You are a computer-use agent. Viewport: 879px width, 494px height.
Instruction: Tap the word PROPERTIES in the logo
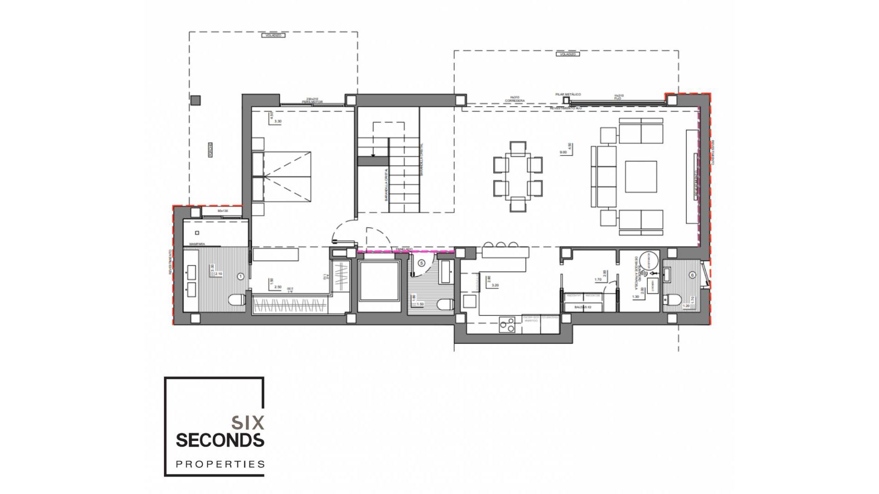(x=220, y=464)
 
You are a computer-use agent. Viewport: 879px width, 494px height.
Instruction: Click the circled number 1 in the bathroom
(x=241, y=276)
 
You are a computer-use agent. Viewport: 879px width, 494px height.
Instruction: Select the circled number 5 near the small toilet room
(x=421, y=263)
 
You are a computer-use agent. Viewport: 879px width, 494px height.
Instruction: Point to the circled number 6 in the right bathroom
(x=693, y=275)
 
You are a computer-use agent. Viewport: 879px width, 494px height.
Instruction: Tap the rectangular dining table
(x=518, y=177)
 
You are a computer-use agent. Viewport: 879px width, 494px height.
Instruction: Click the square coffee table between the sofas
(x=641, y=177)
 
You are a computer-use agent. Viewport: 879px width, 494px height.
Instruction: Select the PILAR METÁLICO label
(x=568, y=94)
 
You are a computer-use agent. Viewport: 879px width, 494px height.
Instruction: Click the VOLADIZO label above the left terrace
(x=273, y=35)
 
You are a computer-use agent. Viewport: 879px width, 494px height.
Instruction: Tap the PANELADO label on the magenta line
(x=404, y=249)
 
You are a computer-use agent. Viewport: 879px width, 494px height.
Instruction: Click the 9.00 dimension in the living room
(x=563, y=153)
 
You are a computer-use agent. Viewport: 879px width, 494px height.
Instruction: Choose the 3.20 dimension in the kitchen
(x=494, y=285)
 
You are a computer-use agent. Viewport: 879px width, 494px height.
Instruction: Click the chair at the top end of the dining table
(x=518, y=148)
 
